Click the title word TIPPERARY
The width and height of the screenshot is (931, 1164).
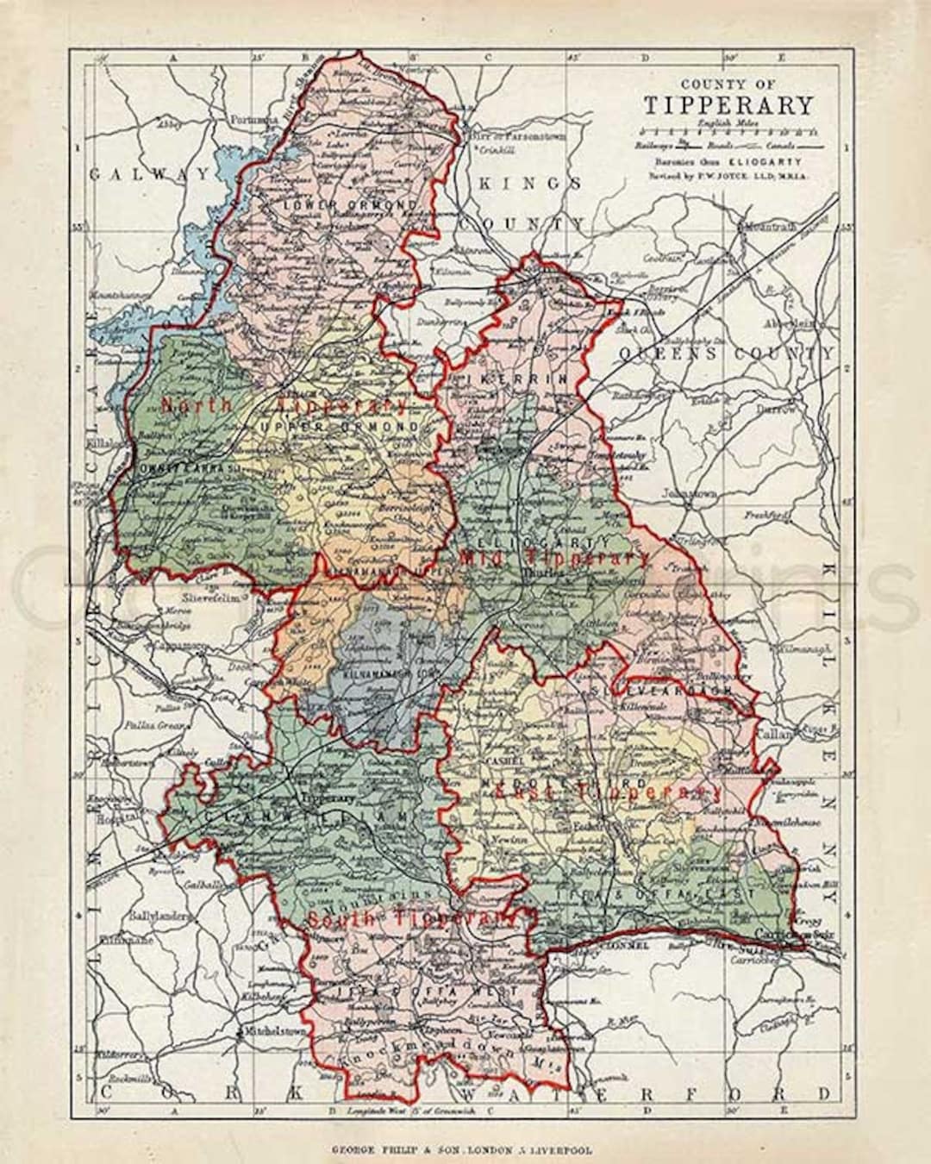point(728,105)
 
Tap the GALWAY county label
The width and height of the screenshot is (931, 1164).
point(147,173)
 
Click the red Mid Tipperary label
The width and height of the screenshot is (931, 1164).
point(554,558)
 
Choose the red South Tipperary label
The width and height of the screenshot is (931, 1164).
point(413,920)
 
